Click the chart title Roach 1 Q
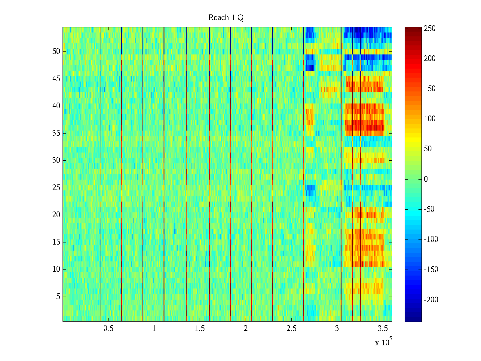[x=226, y=18]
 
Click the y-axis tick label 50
[x=56, y=51]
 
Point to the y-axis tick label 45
[x=56, y=79]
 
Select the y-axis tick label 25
[x=56, y=188]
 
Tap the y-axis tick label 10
[x=56, y=269]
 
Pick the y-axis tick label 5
[x=58, y=297]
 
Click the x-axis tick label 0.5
[x=108, y=329]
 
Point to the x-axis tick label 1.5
[x=200, y=329]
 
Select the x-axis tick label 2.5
[x=291, y=329]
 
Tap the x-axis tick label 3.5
[x=383, y=329]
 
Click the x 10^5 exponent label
[x=383, y=342]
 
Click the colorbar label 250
[x=430, y=29]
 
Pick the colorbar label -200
[x=431, y=300]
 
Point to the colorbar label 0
[x=426, y=179]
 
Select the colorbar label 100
[x=430, y=119]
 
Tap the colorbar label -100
[x=431, y=239]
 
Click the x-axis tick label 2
[x=246, y=329]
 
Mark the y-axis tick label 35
[x=56, y=133]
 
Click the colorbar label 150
[x=430, y=89]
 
